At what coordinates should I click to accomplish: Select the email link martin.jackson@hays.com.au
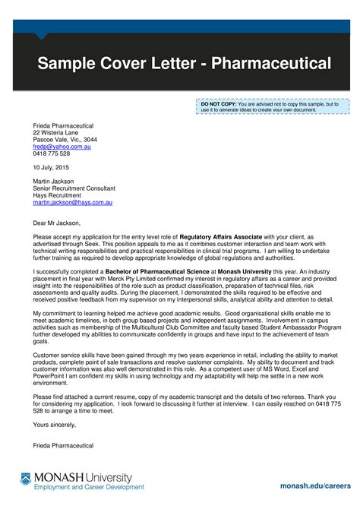[x=72, y=203]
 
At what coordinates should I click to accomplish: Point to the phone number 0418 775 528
[x=51, y=153]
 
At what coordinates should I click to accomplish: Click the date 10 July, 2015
[x=50, y=167]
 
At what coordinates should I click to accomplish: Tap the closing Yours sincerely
[x=55, y=424]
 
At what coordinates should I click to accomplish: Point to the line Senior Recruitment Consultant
[x=74, y=188]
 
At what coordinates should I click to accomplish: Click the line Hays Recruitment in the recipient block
[x=62, y=195]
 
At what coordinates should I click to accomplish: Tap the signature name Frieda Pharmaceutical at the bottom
[x=64, y=444]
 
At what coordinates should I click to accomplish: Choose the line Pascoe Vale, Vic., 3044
[x=65, y=140]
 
